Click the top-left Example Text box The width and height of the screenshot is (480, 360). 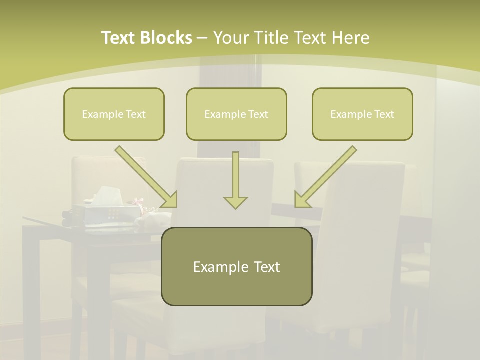114,114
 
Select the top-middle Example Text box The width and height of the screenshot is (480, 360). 236,114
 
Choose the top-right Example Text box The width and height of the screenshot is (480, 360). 362,114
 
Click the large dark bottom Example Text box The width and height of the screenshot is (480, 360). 236,266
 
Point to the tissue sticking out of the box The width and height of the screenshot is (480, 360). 106,194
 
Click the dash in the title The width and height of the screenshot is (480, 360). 202,38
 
